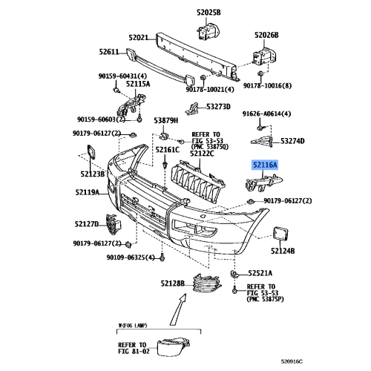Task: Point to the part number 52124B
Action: pyautogui.click(x=283, y=252)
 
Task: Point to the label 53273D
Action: pyautogui.click(x=220, y=106)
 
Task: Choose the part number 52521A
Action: pyautogui.click(x=260, y=272)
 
